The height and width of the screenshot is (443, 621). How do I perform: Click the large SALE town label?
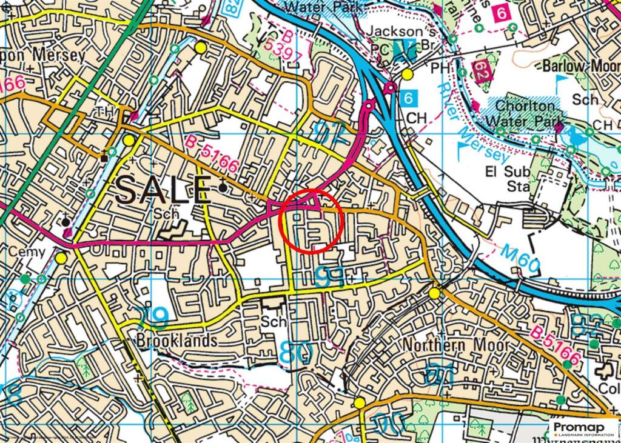tap(163, 190)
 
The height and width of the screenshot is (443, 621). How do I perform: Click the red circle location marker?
tap(312, 221)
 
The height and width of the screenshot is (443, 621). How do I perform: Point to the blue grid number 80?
tap(297, 352)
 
